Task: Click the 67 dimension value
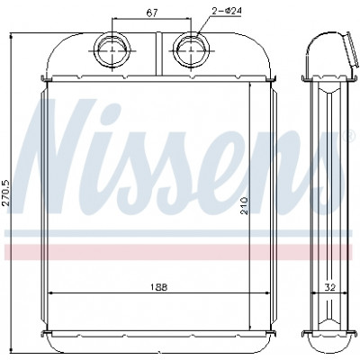(152, 13)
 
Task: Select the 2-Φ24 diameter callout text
(227, 11)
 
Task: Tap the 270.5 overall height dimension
(6, 193)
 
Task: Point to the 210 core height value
(245, 205)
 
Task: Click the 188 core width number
(158, 287)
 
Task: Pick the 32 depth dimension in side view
(329, 287)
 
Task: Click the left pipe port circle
(112, 50)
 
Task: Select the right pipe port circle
(192, 50)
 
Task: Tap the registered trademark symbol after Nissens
(349, 137)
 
